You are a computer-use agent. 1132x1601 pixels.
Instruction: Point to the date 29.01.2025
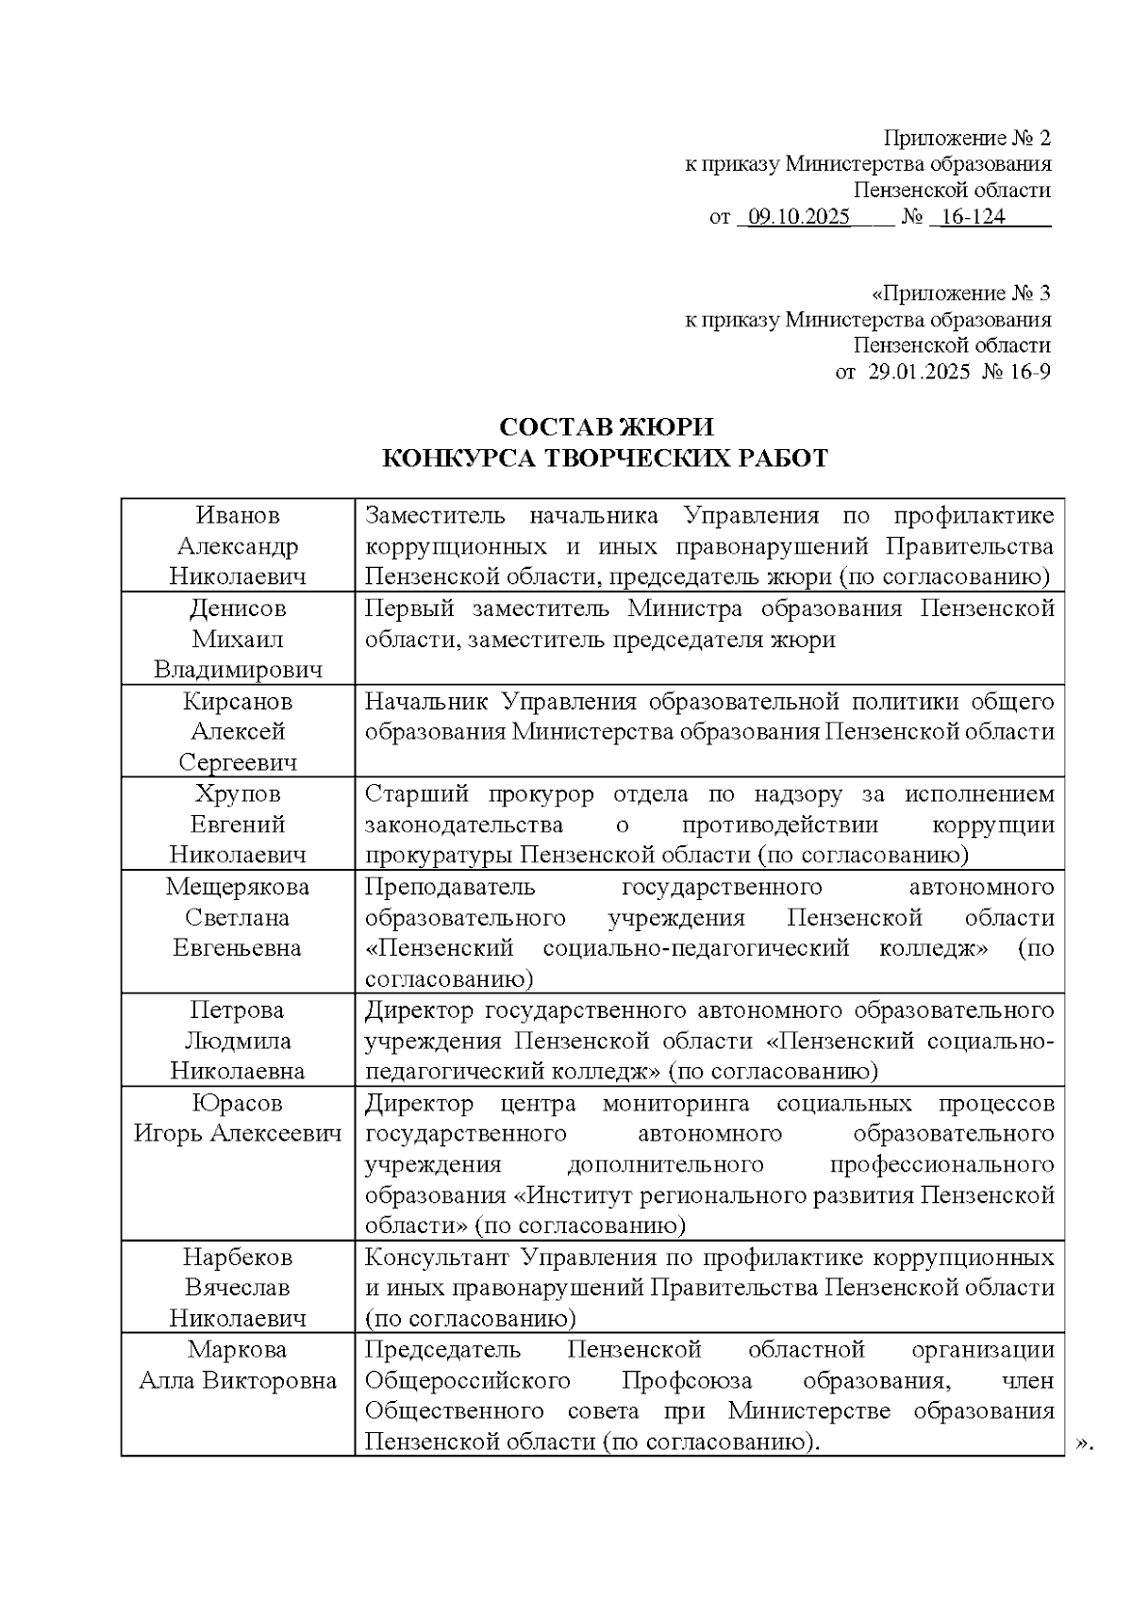pos(919,371)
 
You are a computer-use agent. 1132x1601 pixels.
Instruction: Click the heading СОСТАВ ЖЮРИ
pos(606,427)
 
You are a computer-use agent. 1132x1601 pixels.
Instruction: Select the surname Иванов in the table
pos(238,515)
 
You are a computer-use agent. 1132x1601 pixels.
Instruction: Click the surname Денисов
pos(238,609)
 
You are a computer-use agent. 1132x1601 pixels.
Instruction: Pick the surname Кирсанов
pos(238,701)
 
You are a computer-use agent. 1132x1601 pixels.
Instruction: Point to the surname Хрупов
pos(238,793)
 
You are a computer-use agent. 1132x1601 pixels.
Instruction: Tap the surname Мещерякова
pos(238,887)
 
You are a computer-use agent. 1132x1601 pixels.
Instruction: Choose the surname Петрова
pos(238,1010)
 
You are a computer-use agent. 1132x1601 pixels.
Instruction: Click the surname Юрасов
pos(238,1103)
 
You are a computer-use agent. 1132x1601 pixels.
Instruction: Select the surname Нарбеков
pos(238,1258)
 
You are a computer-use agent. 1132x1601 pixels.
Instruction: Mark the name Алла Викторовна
pos(238,1380)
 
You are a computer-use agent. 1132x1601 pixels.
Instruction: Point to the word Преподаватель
pos(449,887)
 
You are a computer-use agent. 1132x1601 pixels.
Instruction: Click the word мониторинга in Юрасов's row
pos(675,1103)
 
